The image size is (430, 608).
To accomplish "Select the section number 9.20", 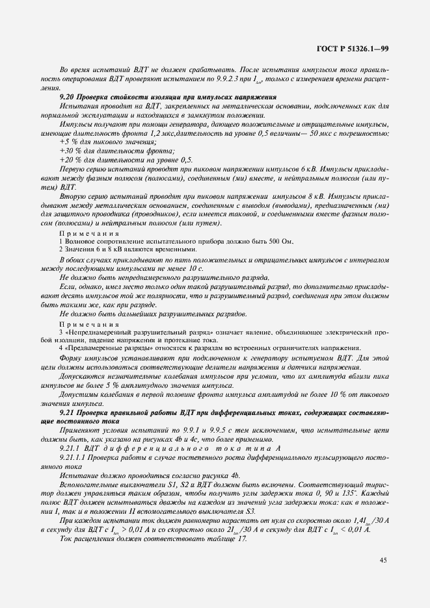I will point(67,97).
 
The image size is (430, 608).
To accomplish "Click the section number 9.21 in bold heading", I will point(67,413).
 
